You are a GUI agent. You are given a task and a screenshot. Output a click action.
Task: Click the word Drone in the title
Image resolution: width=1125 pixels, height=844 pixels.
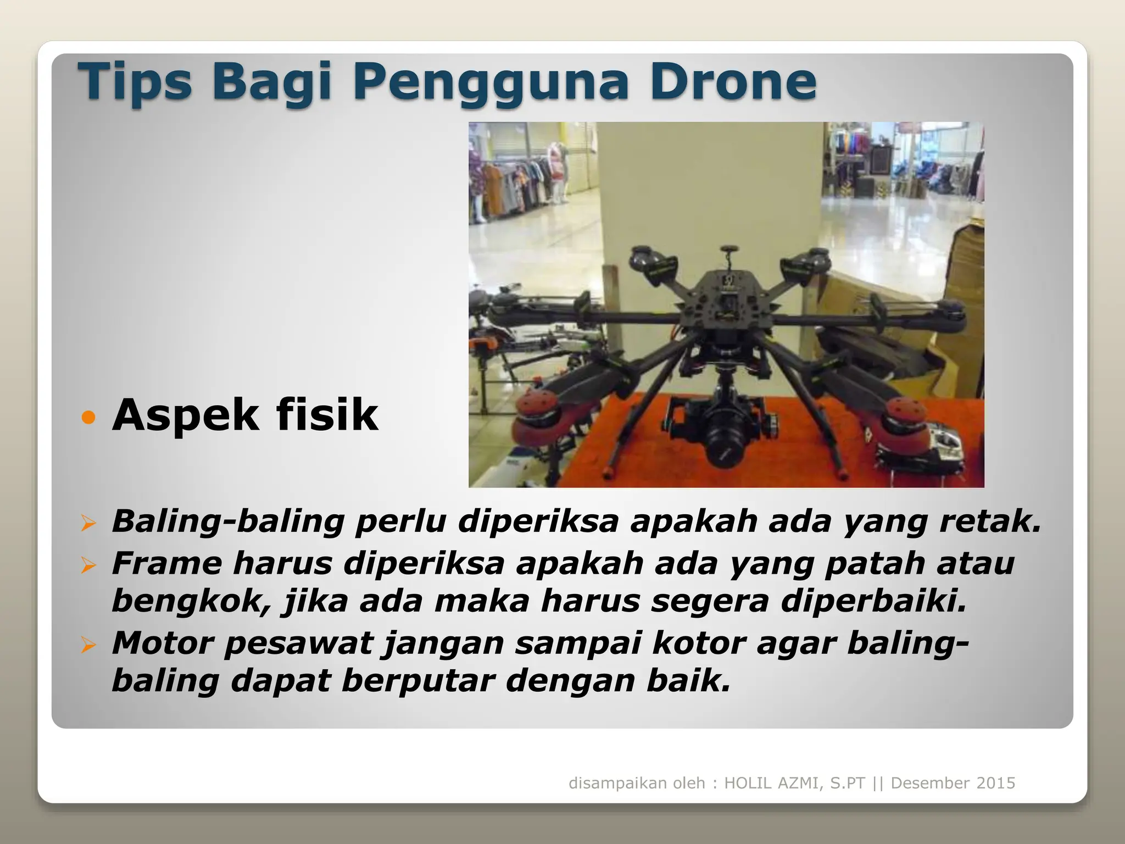(734, 82)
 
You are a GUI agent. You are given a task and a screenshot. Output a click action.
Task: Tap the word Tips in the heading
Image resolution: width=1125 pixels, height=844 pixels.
(135, 82)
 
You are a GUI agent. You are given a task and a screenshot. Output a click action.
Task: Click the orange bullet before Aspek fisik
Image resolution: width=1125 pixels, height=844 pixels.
(88, 418)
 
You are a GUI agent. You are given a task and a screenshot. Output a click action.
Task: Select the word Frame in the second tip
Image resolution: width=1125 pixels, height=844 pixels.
(167, 564)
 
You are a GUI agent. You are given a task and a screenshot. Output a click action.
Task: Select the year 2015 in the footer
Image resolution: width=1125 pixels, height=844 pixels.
(994, 783)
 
